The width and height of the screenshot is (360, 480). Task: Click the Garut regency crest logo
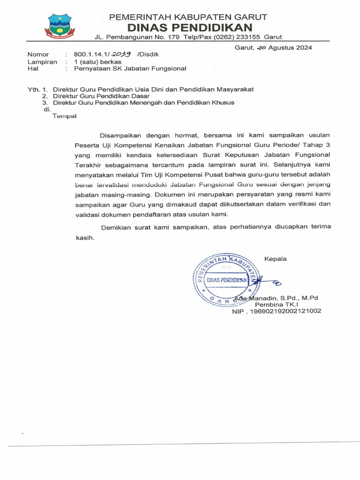[x=59, y=26]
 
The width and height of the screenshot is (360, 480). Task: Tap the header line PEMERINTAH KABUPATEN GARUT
[x=188, y=17]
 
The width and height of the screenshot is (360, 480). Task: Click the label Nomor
[x=38, y=54]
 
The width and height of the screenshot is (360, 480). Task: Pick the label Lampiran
[x=42, y=61]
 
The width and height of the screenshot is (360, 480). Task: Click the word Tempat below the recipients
[x=64, y=116]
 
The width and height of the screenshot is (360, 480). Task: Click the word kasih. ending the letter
[x=85, y=238]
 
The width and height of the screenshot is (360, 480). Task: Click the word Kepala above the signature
[x=276, y=259]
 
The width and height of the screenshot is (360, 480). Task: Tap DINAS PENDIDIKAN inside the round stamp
[x=227, y=279]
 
